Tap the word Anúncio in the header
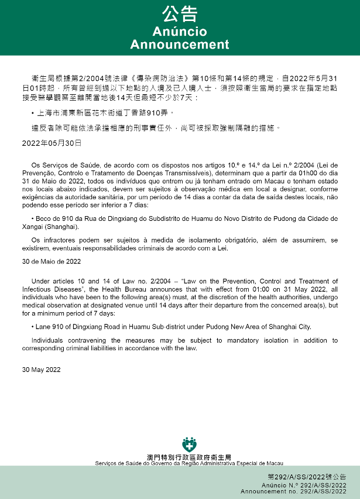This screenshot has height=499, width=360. (180, 31)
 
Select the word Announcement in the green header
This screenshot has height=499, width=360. (180, 45)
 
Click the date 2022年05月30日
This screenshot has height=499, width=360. (52, 142)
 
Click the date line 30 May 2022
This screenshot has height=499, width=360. (41, 370)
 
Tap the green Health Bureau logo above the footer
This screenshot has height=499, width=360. (188, 444)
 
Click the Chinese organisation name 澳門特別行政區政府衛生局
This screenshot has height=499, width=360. (188, 457)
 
